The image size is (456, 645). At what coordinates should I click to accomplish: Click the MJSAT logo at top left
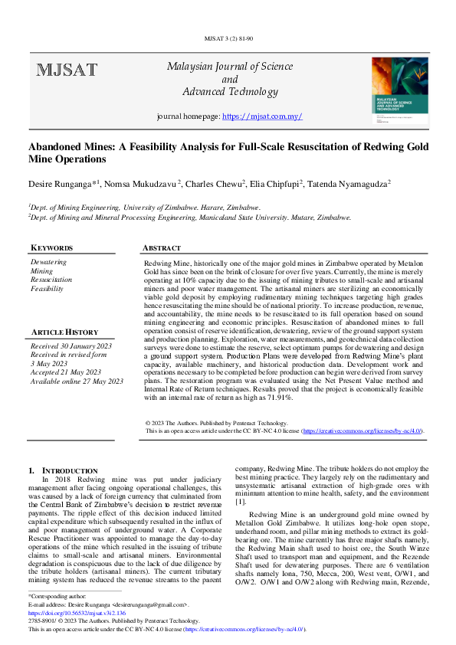click(67, 71)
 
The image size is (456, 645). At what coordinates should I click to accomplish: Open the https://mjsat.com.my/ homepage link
click(261, 116)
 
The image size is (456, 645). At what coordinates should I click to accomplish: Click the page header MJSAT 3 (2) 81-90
click(228, 38)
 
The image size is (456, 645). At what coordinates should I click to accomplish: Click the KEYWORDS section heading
click(51, 248)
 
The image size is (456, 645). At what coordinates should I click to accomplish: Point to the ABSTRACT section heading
click(162, 248)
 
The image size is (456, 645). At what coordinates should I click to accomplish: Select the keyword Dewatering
click(48, 262)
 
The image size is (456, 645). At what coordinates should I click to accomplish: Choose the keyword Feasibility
click(47, 289)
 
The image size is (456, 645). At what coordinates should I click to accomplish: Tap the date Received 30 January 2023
click(71, 346)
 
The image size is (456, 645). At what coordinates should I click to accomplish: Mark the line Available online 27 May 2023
click(77, 381)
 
